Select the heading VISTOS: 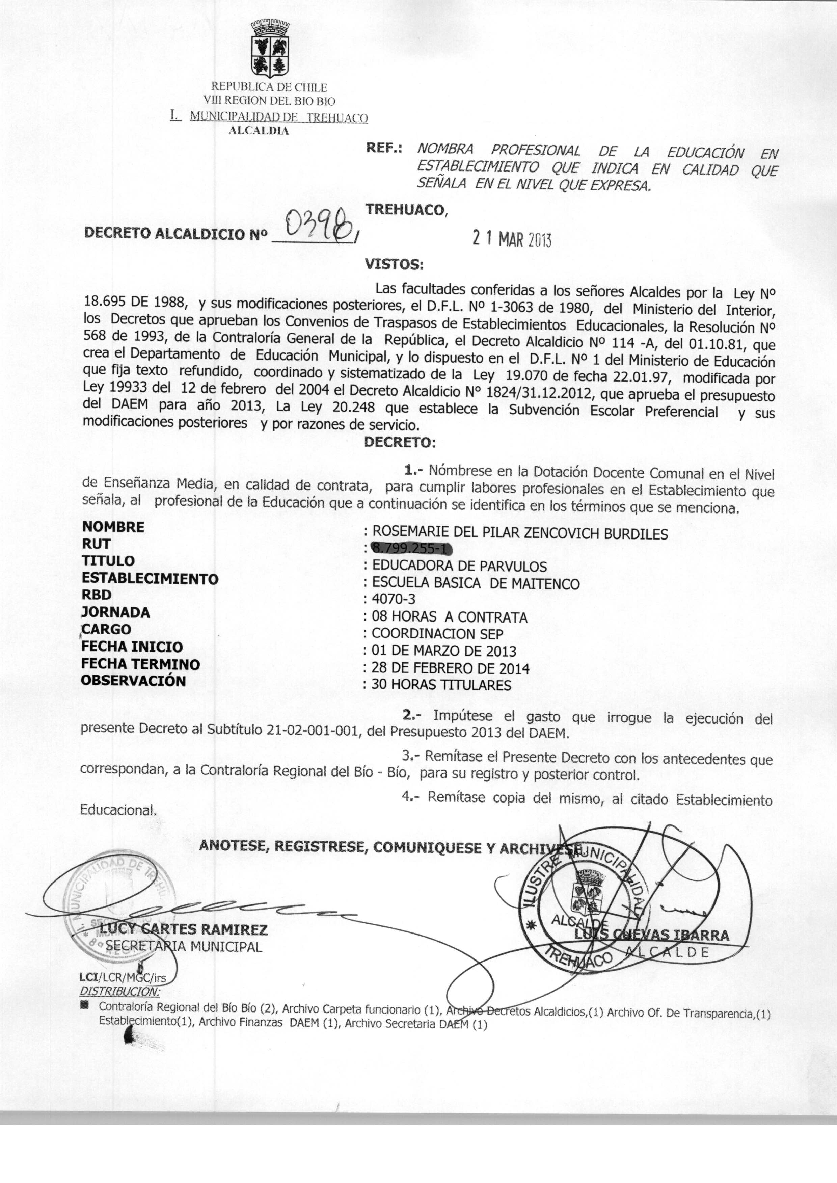tap(394, 264)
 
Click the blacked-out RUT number tap(411, 549)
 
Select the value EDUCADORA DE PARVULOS tap(459, 566)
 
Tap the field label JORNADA tap(115, 612)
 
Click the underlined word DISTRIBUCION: tap(120, 991)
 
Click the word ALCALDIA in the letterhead tap(259, 130)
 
